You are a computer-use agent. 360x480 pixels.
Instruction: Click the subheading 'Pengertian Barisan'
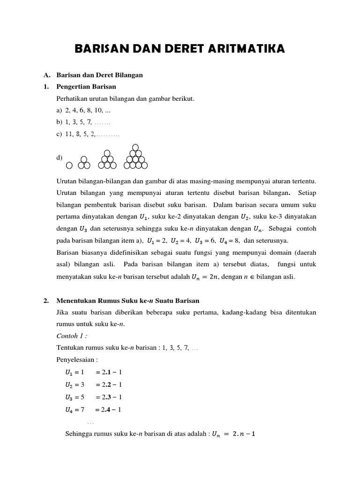86,87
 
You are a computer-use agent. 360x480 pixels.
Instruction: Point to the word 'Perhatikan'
72,99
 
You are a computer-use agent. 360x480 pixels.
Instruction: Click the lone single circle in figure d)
69,165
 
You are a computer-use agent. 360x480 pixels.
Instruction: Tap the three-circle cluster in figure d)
84,163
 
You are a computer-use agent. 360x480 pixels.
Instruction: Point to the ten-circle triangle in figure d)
135,157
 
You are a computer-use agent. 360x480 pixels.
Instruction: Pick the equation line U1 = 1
93,372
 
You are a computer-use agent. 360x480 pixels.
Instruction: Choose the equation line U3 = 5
93,397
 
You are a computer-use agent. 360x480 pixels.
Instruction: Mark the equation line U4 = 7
93,409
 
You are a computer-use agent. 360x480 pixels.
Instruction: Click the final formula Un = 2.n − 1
233,435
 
